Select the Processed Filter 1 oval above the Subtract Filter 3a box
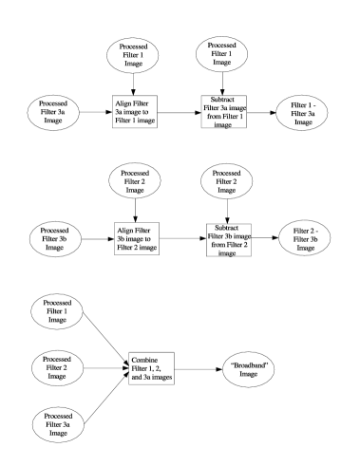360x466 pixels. coord(221,54)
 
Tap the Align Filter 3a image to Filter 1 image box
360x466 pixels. coord(134,111)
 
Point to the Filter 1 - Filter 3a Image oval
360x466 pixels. coord(302,112)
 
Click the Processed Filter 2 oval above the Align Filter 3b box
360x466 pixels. coord(135,180)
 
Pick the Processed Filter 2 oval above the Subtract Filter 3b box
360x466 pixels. coord(225,180)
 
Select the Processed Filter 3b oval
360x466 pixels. coord(54,236)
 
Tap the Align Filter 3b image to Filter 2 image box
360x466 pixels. coord(134,237)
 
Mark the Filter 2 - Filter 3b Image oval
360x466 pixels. coord(303,238)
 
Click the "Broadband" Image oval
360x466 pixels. coord(247,367)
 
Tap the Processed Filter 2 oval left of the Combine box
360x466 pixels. coord(56,367)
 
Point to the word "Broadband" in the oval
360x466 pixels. coord(248,363)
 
